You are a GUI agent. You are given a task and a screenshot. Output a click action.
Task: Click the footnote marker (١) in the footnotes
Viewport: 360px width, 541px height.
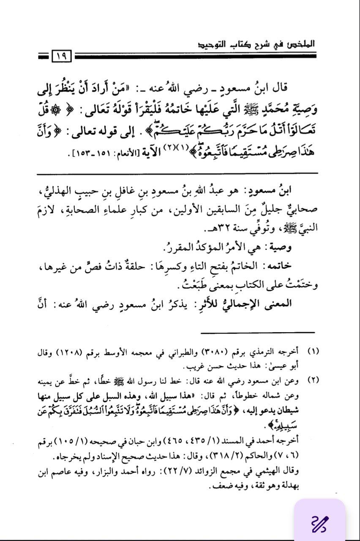[x=314, y=352]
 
